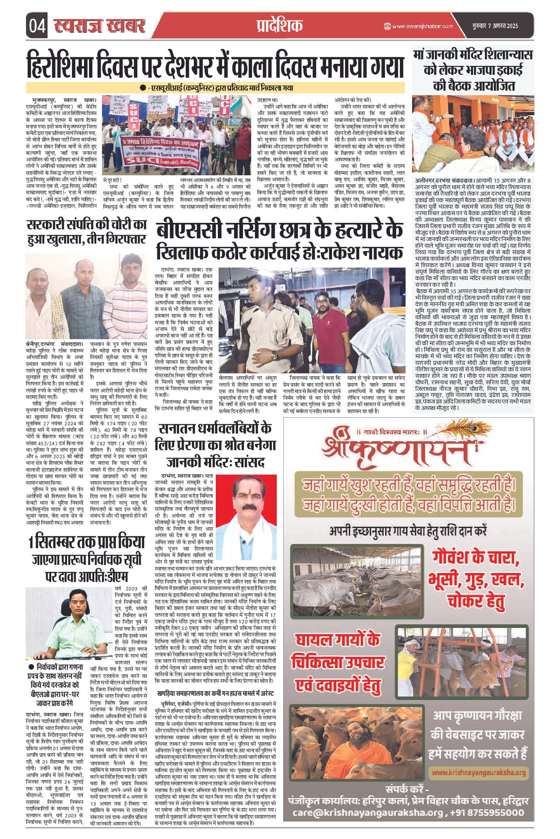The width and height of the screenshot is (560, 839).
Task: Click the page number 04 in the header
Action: click(37, 26)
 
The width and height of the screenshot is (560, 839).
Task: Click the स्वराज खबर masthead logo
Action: click(100, 25)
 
